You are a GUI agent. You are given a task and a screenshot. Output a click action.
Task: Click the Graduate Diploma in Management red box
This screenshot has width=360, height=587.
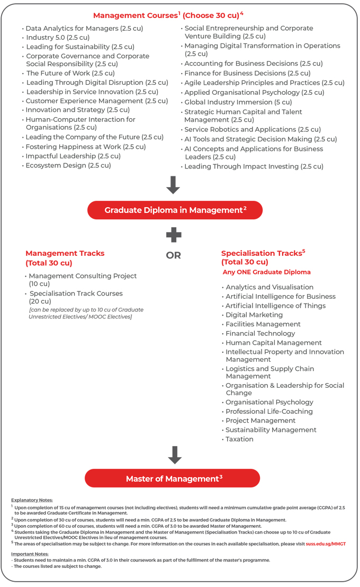(x=175, y=210)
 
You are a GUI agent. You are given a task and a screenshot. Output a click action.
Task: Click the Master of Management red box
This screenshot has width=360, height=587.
(x=173, y=478)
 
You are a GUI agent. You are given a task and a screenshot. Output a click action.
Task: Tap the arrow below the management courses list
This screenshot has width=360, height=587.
(x=173, y=185)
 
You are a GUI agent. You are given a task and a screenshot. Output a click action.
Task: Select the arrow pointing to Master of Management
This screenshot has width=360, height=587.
(x=174, y=455)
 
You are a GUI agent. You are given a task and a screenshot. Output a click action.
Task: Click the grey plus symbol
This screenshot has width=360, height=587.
(x=174, y=235)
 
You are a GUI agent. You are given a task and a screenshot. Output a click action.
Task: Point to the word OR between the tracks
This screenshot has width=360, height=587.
(x=174, y=255)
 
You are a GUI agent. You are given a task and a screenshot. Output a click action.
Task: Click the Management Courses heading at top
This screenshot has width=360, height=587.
(x=168, y=15)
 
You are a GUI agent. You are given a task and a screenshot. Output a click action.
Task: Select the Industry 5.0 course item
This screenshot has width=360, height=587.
(x=58, y=38)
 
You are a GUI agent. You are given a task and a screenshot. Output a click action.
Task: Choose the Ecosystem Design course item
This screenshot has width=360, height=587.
(x=68, y=165)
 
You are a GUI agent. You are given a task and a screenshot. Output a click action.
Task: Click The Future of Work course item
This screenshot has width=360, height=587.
(x=70, y=73)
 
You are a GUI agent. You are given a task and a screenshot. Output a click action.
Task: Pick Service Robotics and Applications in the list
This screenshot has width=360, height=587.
(x=252, y=129)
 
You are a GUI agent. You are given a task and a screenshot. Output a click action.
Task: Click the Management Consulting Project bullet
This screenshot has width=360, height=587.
(x=83, y=276)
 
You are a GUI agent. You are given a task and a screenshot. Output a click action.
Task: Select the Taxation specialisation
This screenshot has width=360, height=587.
(x=239, y=439)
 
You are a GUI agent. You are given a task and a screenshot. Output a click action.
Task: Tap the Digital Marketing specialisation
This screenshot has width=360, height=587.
(x=254, y=315)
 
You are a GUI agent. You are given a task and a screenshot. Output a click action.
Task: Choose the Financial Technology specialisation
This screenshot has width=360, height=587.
(x=260, y=333)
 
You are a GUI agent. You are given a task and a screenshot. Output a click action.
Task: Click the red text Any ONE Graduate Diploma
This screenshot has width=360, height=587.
(x=266, y=272)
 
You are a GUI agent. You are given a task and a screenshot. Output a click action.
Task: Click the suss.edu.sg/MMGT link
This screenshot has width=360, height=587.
(x=326, y=544)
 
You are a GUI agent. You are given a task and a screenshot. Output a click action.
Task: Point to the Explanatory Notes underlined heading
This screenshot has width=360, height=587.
(x=32, y=500)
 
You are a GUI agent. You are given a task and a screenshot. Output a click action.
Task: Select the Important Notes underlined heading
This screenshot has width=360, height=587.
(x=30, y=554)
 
